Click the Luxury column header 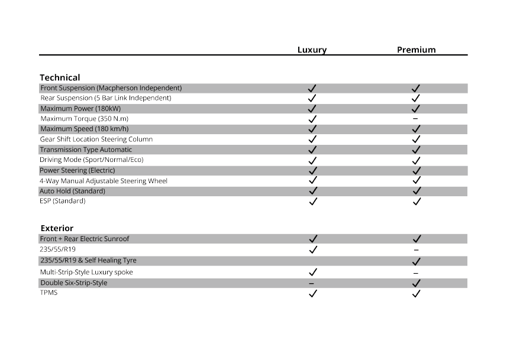tap(312, 50)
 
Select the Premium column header tap(416, 50)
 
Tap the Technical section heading tap(60, 77)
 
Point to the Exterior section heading tap(57, 228)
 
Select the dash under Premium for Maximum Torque tap(415, 119)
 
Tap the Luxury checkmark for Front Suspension tap(312, 88)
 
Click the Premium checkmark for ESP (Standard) tap(417, 201)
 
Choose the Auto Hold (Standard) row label tap(72, 191)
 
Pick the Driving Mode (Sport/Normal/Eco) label tap(92, 160)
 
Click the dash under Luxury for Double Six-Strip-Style tap(312, 283)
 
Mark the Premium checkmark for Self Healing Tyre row tap(417, 261)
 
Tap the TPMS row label tap(49, 293)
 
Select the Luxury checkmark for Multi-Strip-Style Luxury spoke tap(313, 272)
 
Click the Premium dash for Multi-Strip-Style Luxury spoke tap(416, 273)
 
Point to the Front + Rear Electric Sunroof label tap(85, 239)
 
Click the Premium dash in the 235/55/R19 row tap(417, 250)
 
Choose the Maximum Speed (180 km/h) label tap(84, 129)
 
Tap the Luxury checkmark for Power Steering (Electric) tap(313, 170)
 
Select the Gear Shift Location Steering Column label tap(96, 139)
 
